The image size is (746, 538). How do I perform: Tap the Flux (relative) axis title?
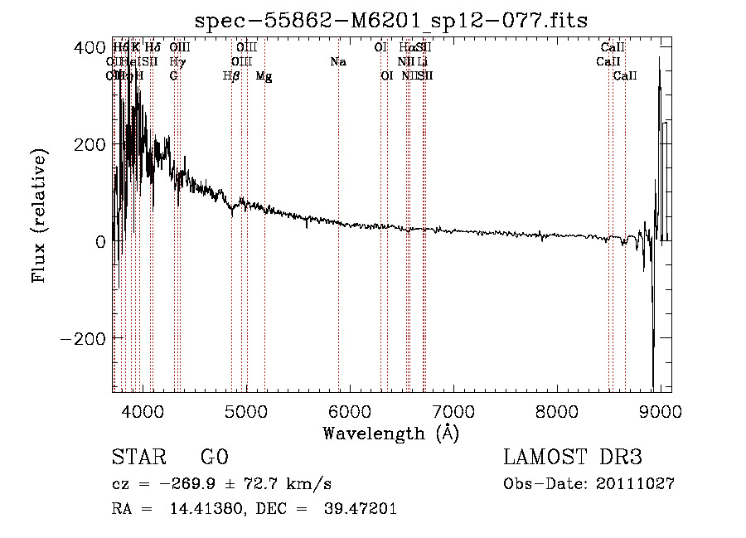coord(39,216)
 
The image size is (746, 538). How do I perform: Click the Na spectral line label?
coord(337,61)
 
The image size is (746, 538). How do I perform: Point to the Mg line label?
coord(264,76)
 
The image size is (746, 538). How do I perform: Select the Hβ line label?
coord(231,76)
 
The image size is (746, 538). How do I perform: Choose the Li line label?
coord(422,61)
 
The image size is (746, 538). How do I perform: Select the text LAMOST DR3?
coord(573,458)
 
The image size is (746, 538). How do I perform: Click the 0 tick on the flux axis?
coord(100,242)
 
